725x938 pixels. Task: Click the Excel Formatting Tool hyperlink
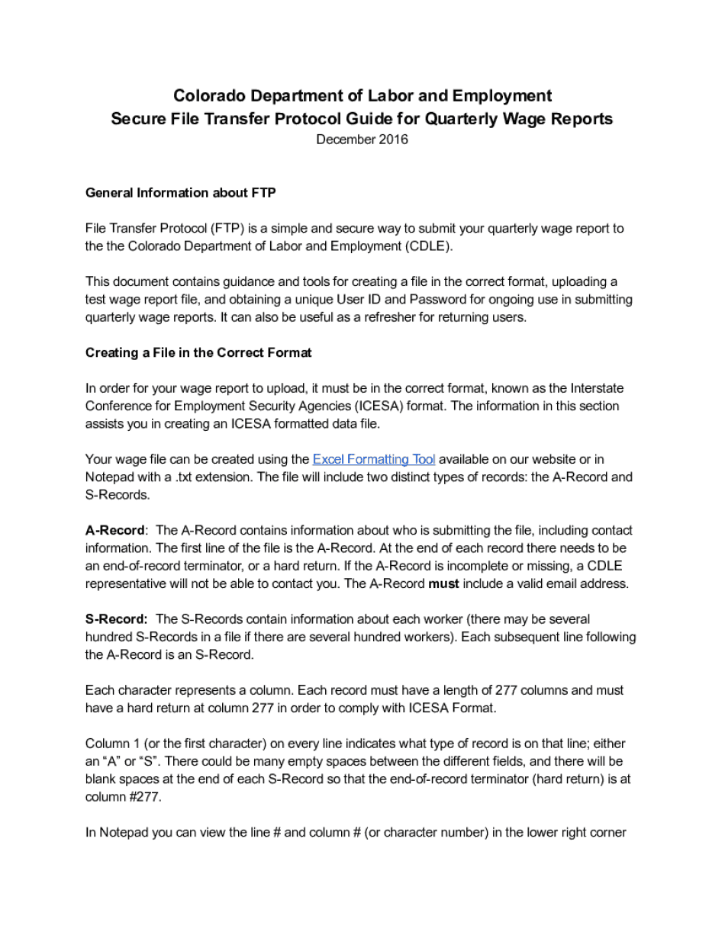coord(374,459)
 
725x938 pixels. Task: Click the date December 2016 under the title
coord(362,140)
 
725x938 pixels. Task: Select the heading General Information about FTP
coord(180,193)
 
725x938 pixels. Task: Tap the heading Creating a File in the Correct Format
coord(198,353)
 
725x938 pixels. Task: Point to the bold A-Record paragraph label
coord(114,531)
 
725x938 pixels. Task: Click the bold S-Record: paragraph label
coord(116,619)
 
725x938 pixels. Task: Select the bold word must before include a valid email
coord(443,584)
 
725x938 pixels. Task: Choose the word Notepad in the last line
coord(124,833)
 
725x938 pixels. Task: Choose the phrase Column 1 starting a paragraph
coord(112,744)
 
